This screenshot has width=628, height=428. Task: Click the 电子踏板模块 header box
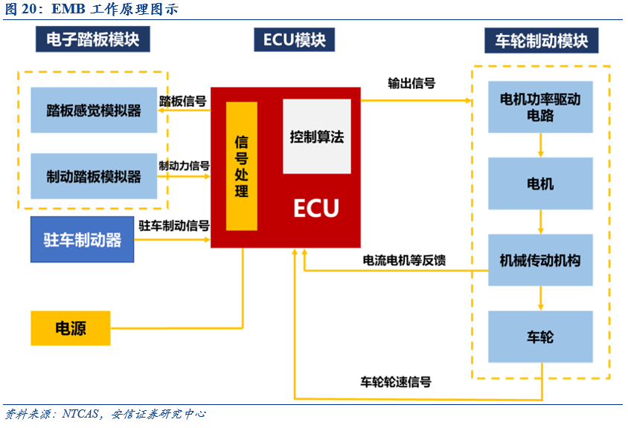92,39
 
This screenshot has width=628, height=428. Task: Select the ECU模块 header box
294,39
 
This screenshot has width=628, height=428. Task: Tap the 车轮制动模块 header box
541,40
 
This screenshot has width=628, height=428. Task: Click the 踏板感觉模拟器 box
93,110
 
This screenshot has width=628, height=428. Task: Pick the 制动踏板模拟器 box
93,176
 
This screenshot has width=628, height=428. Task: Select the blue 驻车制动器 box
82,241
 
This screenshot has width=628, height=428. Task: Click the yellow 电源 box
70,328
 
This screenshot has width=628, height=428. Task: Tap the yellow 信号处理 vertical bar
241,166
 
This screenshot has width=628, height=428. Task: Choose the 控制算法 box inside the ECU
317,137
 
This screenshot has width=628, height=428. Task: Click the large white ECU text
315,208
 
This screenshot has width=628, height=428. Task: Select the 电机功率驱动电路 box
540,107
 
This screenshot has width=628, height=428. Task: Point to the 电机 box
540,183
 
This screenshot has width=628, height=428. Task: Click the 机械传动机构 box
540,260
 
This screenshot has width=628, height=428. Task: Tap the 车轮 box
540,337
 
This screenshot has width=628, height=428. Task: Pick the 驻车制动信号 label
173,224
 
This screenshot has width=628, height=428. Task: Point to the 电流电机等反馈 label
404,260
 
